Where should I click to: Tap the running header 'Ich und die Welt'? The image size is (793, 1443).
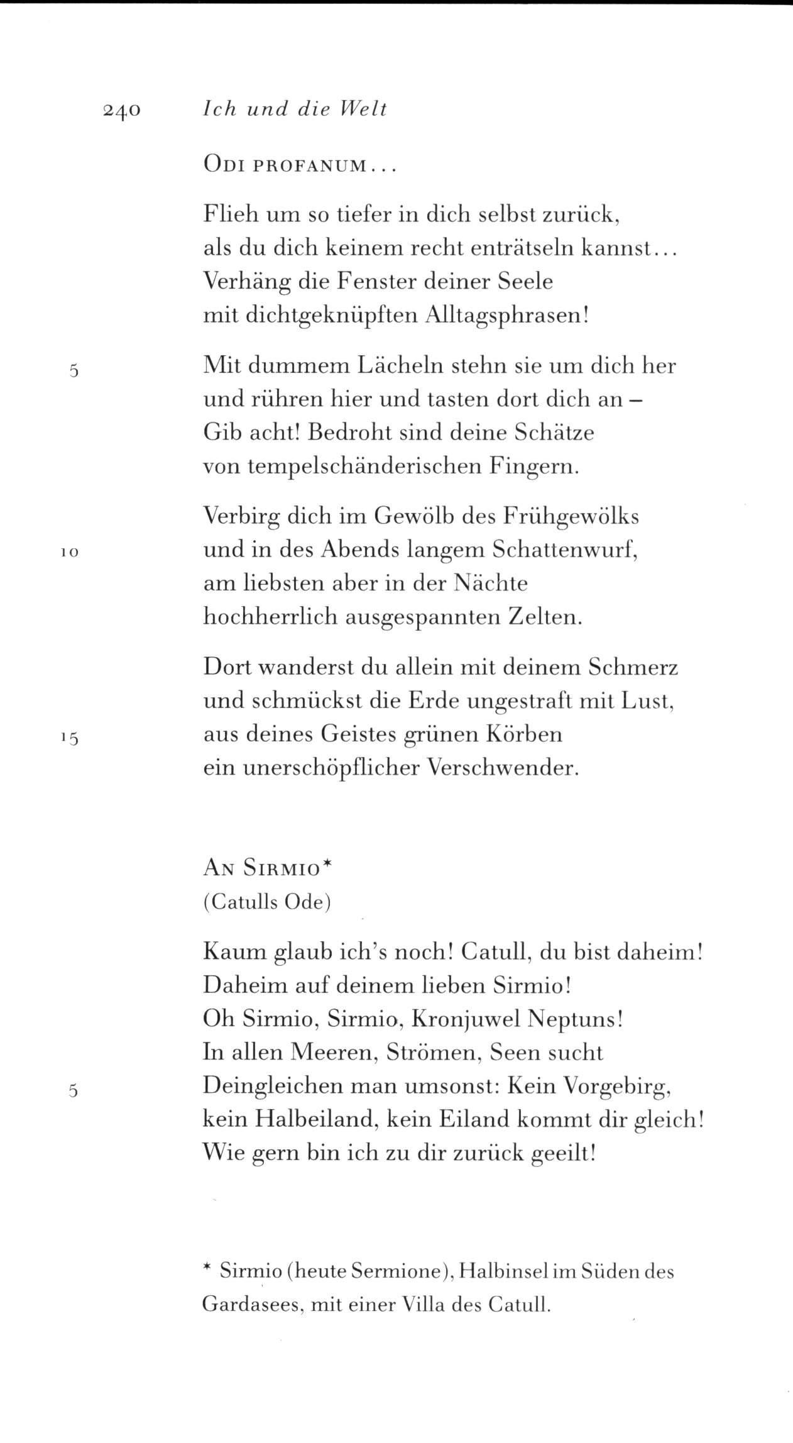[x=295, y=109]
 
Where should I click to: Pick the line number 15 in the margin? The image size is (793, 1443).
[x=69, y=738]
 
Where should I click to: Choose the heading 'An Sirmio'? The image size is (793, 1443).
[x=266, y=868]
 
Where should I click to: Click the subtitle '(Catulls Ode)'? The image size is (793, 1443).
[x=267, y=902]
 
